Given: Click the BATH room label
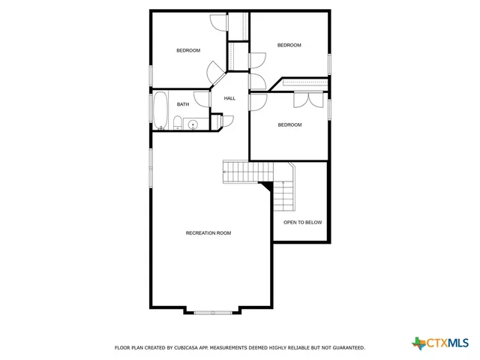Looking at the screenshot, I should coord(183,104).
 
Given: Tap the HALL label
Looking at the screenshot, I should coord(229,98).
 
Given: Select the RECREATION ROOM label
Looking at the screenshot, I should coord(208,233).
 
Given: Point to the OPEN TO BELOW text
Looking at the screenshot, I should coord(302,222).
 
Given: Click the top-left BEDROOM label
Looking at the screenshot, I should coord(188,50).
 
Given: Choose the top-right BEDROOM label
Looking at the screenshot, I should coord(289,45).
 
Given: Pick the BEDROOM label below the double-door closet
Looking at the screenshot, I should coord(289,124).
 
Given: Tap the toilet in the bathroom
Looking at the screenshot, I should coord(178,123).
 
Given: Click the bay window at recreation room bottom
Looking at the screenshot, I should coord(212,311).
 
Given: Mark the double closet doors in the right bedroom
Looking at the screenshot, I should coord(310,97).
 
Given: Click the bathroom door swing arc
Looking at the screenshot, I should coord(200,98).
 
